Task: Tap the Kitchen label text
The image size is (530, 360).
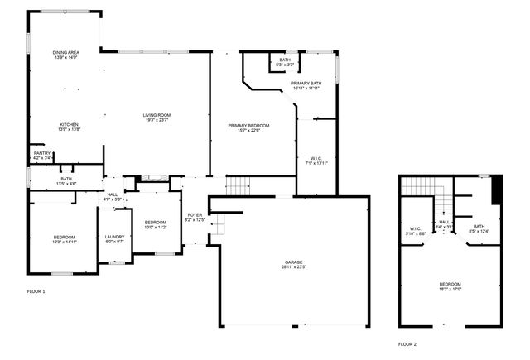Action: coord(69,127)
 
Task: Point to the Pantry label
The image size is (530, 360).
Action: coord(42,155)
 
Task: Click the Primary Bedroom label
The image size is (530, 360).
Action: coord(249,127)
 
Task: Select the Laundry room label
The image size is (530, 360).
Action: coord(114,239)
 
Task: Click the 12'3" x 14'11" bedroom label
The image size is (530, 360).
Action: coord(65,239)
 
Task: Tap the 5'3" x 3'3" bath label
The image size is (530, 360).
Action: coord(285,62)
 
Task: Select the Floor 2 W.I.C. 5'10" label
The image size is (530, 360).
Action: coord(417,231)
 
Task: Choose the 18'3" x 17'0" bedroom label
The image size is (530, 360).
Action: coord(450,286)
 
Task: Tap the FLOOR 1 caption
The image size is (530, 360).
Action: coord(36,291)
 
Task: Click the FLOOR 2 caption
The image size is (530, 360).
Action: coord(407,343)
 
